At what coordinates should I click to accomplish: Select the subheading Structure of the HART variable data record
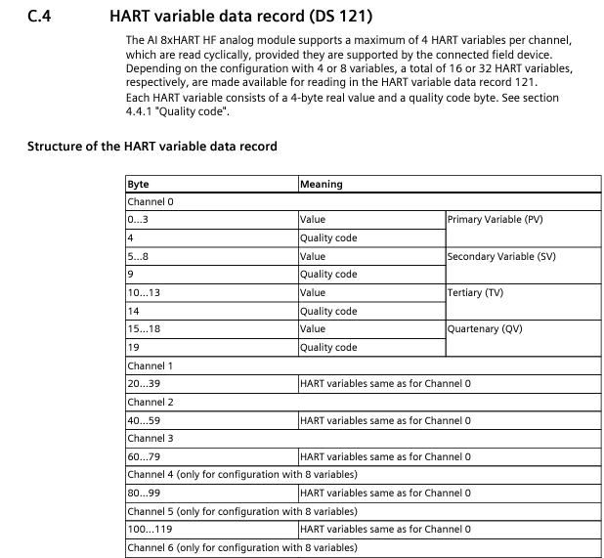pyautogui.click(x=151, y=147)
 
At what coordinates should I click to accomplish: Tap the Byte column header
pyautogui.click(x=138, y=183)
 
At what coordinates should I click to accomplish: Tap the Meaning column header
pyautogui.click(x=321, y=183)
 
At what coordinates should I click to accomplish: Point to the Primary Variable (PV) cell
pyautogui.click(x=495, y=220)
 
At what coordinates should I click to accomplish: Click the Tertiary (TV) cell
pyautogui.click(x=476, y=292)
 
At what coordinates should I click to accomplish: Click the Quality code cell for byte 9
pyautogui.click(x=328, y=275)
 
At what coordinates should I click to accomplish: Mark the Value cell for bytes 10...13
pyautogui.click(x=313, y=292)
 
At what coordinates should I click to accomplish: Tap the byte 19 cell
pyautogui.click(x=133, y=347)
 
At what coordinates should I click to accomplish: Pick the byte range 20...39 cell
pyautogui.click(x=142, y=383)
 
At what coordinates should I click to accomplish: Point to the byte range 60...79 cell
pyautogui.click(x=142, y=456)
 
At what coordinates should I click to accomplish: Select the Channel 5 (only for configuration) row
pyautogui.click(x=241, y=511)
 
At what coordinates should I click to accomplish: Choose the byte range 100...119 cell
pyautogui.click(x=148, y=529)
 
